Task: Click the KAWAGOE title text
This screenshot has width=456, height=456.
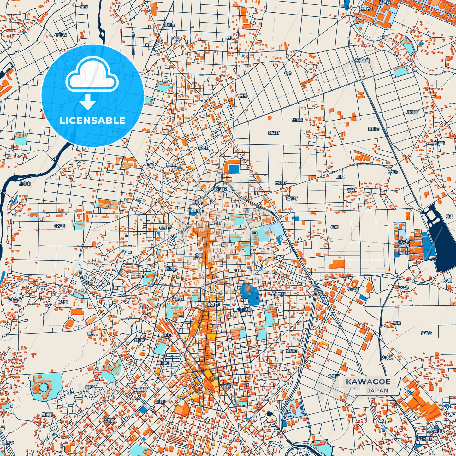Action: (x=368, y=382)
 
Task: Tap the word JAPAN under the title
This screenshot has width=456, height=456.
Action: (x=377, y=391)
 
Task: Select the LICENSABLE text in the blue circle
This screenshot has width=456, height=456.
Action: (x=92, y=121)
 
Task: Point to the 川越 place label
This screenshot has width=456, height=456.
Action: (x=340, y=177)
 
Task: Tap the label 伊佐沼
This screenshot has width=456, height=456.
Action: (x=393, y=172)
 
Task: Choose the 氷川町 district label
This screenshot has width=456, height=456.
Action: (x=280, y=183)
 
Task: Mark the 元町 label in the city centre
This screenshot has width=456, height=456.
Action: (x=218, y=223)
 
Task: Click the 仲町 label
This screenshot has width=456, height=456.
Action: (x=199, y=255)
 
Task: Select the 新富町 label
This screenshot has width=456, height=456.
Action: (x=213, y=305)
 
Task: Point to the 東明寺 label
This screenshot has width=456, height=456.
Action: (x=373, y=129)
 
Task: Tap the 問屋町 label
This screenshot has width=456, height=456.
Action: (x=403, y=253)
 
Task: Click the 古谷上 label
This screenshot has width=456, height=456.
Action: (x=426, y=333)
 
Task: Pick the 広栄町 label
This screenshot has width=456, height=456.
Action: (x=109, y=421)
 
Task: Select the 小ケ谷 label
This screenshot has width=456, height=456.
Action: (x=59, y=226)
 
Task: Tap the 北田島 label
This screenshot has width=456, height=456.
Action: (x=297, y=120)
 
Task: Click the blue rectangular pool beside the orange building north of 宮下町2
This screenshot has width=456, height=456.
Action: (x=234, y=169)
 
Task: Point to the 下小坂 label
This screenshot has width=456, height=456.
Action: (x=61, y=35)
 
